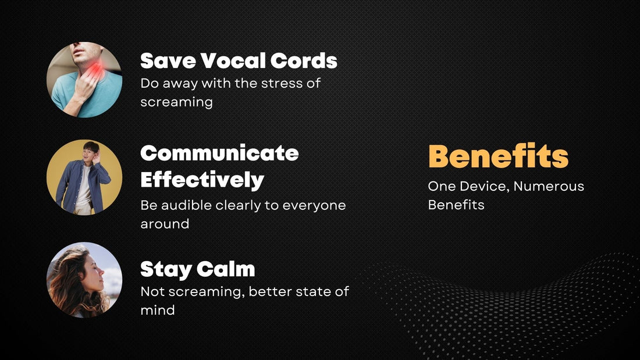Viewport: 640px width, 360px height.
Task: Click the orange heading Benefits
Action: tap(498, 156)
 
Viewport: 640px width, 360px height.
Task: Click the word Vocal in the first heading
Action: tap(236, 60)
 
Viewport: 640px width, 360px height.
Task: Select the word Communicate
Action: tap(219, 153)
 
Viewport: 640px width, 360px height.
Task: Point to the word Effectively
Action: tap(202, 179)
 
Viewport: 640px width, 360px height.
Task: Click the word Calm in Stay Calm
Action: tap(226, 269)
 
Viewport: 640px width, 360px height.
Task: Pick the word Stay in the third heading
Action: tap(166, 269)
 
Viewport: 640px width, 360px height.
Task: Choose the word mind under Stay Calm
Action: tap(157, 310)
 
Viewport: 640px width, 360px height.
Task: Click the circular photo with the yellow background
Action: tap(84, 177)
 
